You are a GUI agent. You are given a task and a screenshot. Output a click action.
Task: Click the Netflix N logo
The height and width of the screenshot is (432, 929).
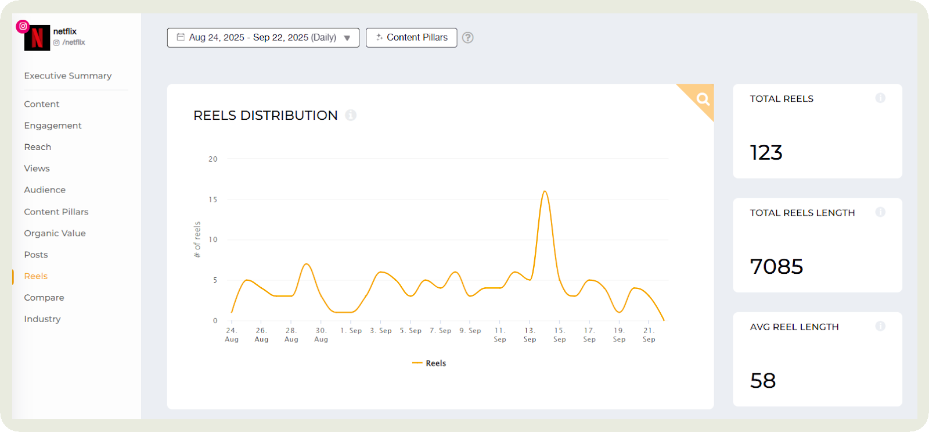pos(37,38)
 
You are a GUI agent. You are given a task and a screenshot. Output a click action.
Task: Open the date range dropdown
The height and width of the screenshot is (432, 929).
pos(263,38)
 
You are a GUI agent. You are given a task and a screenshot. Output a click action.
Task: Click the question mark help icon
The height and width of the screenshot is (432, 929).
pos(468,38)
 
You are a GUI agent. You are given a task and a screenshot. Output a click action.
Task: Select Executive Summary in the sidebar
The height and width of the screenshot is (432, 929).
pos(68,76)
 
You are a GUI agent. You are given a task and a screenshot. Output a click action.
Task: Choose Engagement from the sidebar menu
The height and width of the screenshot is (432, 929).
pos(53,126)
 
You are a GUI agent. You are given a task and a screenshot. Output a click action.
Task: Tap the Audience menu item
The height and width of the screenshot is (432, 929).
pos(45,190)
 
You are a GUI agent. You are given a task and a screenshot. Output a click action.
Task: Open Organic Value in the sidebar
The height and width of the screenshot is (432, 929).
pos(55,233)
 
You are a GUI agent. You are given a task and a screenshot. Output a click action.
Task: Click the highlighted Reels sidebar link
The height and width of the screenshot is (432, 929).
pos(36,276)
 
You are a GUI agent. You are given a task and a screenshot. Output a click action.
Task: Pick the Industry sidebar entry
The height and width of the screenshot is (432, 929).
pos(42,319)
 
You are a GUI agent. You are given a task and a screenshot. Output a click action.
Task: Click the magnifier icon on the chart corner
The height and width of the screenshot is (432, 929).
pos(703,99)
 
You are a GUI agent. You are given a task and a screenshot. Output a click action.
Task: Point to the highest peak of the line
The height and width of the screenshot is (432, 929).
pos(545,191)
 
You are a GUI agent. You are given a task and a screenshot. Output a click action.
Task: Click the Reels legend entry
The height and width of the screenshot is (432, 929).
pos(429,363)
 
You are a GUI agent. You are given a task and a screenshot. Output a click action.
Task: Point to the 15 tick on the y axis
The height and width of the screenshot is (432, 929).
pos(213,199)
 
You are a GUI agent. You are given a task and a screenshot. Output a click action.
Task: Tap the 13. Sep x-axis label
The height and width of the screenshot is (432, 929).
pos(530,335)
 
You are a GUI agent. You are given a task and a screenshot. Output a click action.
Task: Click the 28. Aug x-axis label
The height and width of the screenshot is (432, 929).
pos(291,335)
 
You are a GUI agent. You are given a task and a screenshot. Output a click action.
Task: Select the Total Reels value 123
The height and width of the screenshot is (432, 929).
pos(766,153)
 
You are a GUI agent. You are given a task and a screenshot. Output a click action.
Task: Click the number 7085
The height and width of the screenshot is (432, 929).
pos(776,267)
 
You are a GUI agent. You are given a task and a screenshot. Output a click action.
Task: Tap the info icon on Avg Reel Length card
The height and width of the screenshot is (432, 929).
pos(880,326)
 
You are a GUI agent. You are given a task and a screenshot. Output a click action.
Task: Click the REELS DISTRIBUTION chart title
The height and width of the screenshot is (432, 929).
pos(265,116)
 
